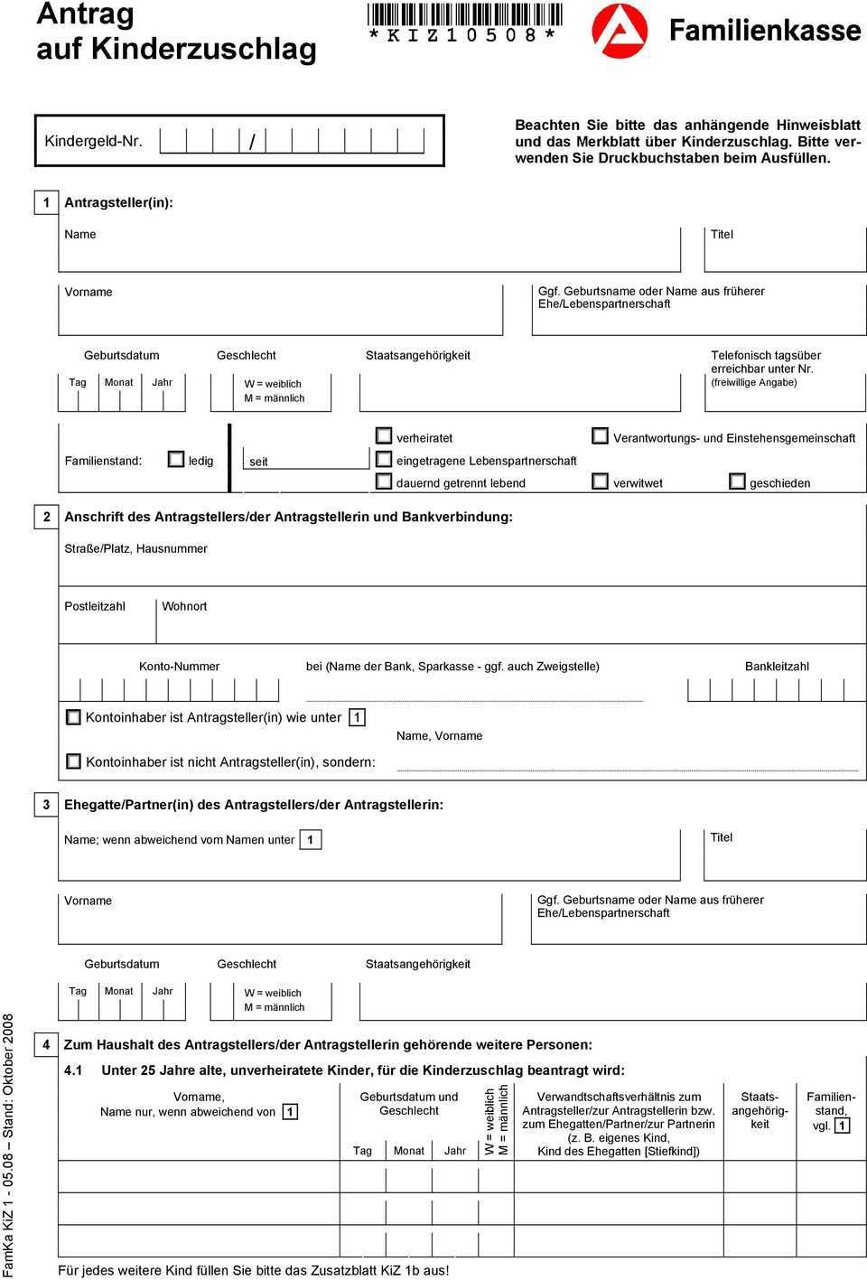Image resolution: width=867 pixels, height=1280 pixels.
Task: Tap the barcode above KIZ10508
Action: pyautogui.click(x=463, y=14)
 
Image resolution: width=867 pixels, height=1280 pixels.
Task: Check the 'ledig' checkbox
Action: pyautogui.click(x=176, y=459)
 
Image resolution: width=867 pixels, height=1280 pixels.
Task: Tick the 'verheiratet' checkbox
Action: pyautogui.click(x=384, y=436)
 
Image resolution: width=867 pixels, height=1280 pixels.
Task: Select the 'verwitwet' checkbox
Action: pyautogui.click(x=600, y=481)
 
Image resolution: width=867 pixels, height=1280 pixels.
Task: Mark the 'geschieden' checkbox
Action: pyautogui.click(x=737, y=481)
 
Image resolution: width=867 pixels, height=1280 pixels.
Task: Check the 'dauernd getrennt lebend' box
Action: pyautogui.click(x=384, y=481)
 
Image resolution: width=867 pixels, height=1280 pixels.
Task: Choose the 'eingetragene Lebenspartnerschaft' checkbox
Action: pyautogui.click(x=384, y=459)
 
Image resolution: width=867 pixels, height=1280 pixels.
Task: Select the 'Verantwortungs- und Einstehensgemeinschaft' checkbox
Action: pyautogui.click(x=600, y=436)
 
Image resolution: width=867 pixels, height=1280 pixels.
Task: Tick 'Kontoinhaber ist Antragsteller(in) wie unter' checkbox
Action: pyautogui.click(x=73, y=717)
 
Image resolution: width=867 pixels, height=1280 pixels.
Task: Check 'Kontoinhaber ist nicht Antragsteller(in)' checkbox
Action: pyautogui.click(x=73, y=761)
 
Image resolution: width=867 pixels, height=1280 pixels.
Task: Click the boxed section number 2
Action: pyautogui.click(x=45, y=517)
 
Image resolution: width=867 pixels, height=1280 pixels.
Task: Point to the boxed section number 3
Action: pyautogui.click(x=45, y=804)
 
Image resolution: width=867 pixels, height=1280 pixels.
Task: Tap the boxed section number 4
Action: pyautogui.click(x=45, y=1044)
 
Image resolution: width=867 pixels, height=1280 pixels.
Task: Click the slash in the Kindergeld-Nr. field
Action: pyautogui.click(x=252, y=142)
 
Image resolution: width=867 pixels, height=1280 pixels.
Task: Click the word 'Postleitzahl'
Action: pyautogui.click(x=95, y=606)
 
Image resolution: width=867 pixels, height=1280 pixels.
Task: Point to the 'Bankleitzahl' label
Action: pyautogui.click(x=777, y=667)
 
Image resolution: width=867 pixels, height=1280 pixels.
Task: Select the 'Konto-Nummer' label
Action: pyautogui.click(x=179, y=667)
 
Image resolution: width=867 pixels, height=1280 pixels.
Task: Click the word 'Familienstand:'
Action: pyautogui.click(x=103, y=461)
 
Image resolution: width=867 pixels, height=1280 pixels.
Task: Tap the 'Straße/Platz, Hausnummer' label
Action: pyautogui.click(x=135, y=548)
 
